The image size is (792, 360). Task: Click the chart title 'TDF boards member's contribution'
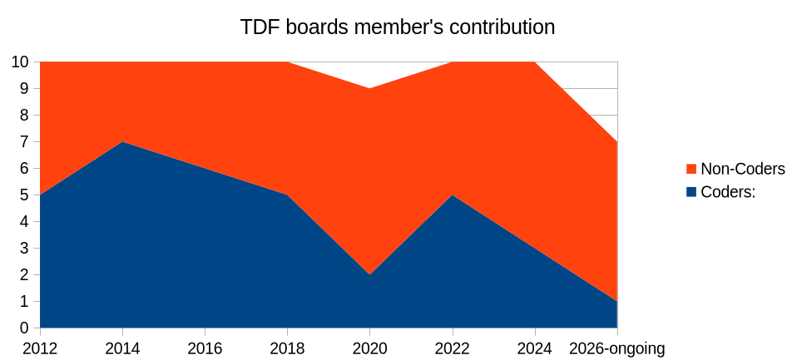click(x=397, y=27)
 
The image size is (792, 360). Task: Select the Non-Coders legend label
click(x=742, y=169)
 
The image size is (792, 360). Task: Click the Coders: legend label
click(x=727, y=191)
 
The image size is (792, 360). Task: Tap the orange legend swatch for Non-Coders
click(x=691, y=170)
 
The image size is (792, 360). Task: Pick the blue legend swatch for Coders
click(x=691, y=192)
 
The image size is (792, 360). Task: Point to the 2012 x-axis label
click(x=40, y=348)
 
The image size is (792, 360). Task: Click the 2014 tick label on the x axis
click(x=122, y=348)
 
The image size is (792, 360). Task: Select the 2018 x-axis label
click(x=287, y=348)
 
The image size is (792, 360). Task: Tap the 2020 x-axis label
click(x=369, y=348)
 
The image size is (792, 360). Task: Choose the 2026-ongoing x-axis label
click(x=616, y=348)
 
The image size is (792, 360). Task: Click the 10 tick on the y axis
click(x=21, y=62)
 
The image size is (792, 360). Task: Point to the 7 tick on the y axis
click(x=25, y=142)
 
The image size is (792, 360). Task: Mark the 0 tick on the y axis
click(x=25, y=328)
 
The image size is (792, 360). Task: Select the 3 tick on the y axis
click(x=25, y=249)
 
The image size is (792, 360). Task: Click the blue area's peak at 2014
click(x=122, y=142)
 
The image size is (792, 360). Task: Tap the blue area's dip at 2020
click(x=369, y=274)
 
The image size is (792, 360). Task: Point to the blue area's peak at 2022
click(x=452, y=195)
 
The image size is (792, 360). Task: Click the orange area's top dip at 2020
click(x=369, y=89)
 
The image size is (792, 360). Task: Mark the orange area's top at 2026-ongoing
click(x=616, y=142)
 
